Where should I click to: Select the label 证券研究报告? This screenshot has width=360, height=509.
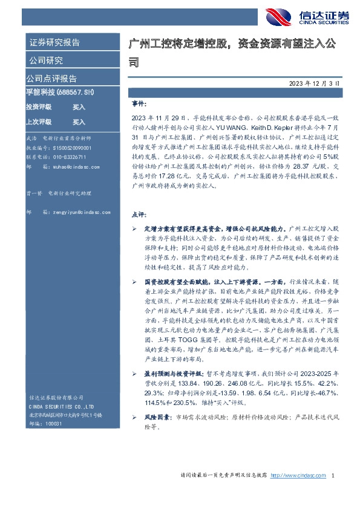[x=54, y=42]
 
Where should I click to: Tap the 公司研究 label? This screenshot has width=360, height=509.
[x=45, y=60]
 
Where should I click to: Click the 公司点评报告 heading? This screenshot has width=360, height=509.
[x=51, y=79]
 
